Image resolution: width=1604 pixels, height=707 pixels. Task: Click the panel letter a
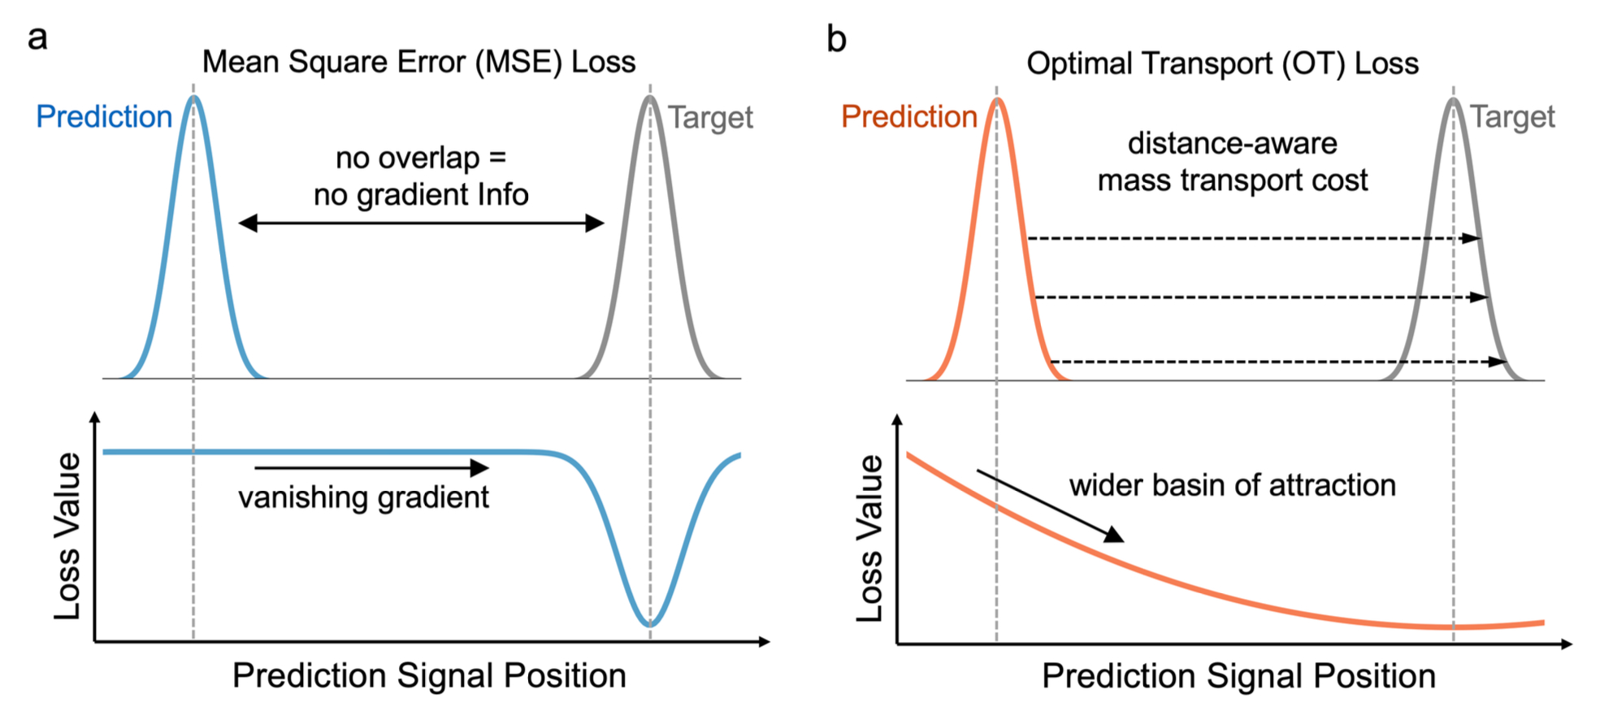37,38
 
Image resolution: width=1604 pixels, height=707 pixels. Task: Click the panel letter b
836,39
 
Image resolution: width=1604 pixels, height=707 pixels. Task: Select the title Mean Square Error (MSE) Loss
418,62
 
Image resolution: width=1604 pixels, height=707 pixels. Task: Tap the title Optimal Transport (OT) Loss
1222,63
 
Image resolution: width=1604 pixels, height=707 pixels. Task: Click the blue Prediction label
104,117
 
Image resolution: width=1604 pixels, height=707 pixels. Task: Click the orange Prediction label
908,117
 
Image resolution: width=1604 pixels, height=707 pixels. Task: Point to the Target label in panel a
710,118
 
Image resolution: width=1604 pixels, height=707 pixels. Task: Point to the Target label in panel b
1512,117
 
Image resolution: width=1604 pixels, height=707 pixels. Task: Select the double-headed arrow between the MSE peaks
421,223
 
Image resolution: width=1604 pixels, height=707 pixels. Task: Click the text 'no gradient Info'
421,195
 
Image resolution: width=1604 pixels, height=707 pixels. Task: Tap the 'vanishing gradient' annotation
363,497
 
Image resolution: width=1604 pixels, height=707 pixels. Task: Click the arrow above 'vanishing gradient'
371,467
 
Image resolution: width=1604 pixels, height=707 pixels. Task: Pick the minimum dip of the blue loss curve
649,623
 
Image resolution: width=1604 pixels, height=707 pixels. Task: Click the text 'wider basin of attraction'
1232,485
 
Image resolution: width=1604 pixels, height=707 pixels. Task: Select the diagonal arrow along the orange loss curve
1050,505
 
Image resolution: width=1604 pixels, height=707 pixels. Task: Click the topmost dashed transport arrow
1251,238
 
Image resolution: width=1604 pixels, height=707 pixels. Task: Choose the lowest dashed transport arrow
1276,362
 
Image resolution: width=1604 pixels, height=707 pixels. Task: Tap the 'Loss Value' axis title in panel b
869,538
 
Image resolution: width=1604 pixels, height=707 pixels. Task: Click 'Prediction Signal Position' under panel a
429,675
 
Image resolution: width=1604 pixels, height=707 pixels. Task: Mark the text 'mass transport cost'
1232,180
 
